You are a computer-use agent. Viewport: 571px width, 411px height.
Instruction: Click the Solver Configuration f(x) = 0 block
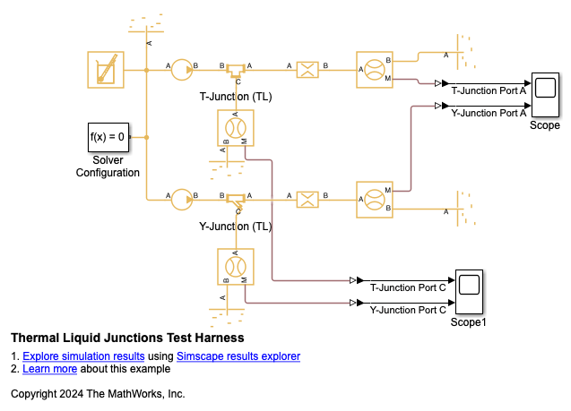(108, 138)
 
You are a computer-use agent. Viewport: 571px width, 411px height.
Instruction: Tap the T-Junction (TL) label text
(236, 97)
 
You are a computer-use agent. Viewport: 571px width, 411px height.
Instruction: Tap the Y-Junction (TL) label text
(236, 227)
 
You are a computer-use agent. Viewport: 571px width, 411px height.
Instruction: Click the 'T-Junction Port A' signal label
(488, 90)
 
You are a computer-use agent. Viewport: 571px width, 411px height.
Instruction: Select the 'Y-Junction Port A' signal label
(488, 113)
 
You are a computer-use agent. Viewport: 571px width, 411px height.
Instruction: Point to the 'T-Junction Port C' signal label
(408, 287)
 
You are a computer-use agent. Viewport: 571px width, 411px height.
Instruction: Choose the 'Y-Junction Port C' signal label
(408, 310)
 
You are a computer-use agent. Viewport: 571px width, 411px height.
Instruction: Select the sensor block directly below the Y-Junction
(236, 267)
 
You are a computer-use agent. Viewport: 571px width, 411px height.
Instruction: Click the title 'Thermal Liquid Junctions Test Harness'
(127, 338)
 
